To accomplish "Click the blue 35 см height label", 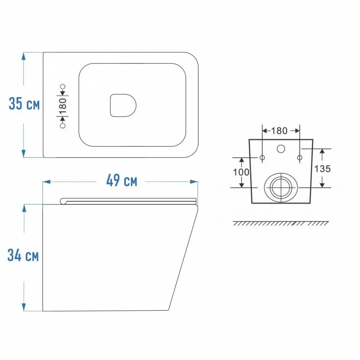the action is pyautogui.click(x=24, y=104).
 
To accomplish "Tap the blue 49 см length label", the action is pyautogui.click(x=122, y=180).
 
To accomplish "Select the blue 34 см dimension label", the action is pyautogui.click(x=23, y=255).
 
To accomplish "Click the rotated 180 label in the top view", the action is pyautogui.click(x=63, y=106).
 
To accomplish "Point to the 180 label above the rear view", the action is pyautogui.click(x=279, y=131).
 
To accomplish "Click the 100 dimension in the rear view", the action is pyautogui.click(x=241, y=172).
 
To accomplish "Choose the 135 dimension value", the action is pyautogui.click(x=322, y=169).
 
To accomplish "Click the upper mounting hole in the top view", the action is pyautogui.click(x=63, y=86).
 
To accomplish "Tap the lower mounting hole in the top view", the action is pyautogui.click(x=62, y=126).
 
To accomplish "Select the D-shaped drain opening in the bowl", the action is pyautogui.click(x=123, y=105).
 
